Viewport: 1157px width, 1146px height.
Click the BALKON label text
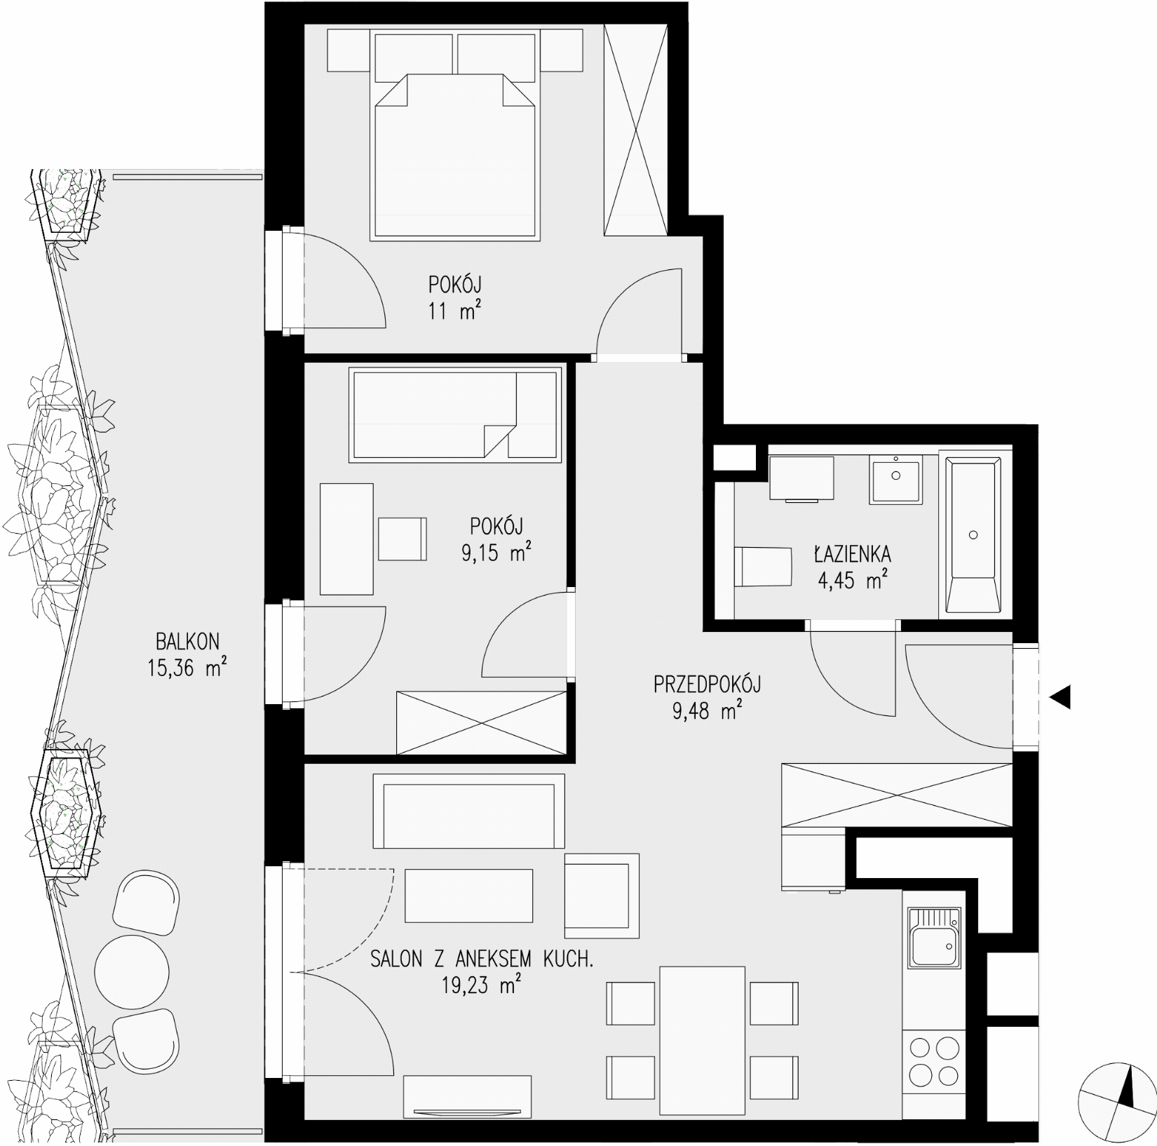point(187,641)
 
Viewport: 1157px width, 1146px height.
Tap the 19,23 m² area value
point(481,986)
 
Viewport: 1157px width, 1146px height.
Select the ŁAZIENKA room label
point(852,554)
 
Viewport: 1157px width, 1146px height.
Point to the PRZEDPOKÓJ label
point(707,684)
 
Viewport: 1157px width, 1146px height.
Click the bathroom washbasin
point(895,480)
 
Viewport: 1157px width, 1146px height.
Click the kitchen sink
point(933,938)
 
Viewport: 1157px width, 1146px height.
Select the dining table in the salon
point(702,1031)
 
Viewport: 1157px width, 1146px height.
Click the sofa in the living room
point(469,811)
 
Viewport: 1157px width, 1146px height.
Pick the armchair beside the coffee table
point(602,896)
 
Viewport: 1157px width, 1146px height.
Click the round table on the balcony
point(133,971)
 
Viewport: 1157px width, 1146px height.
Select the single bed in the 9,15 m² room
point(456,416)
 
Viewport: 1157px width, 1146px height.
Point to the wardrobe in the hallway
point(898,795)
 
